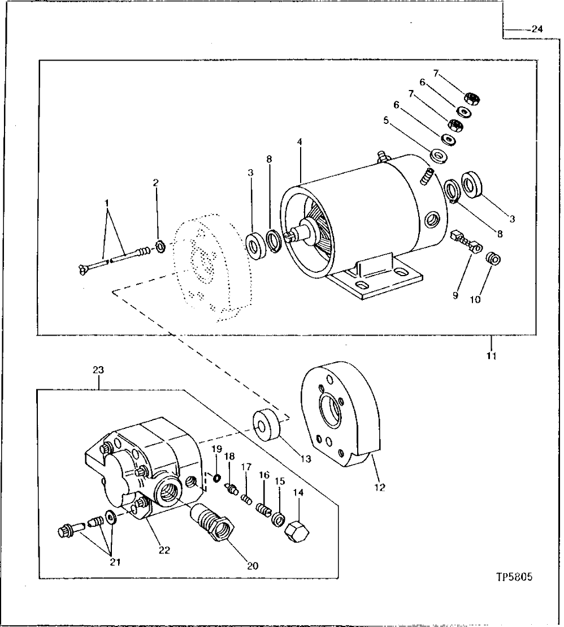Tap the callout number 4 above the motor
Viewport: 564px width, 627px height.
[x=300, y=143]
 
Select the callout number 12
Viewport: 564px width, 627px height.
[x=380, y=487]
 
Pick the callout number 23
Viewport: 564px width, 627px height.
[x=98, y=370]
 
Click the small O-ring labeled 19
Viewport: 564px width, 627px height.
[x=216, y=479]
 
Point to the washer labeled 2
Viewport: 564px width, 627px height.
[x=160, y=246]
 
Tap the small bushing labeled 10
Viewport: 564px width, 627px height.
[x=493, y=259]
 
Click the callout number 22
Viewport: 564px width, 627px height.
[x=164, y=549]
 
